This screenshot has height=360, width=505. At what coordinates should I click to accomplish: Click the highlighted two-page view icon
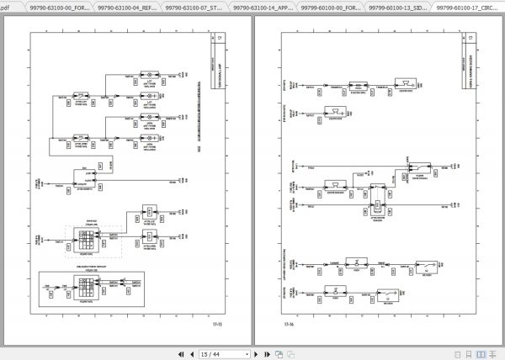coord(481,354)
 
